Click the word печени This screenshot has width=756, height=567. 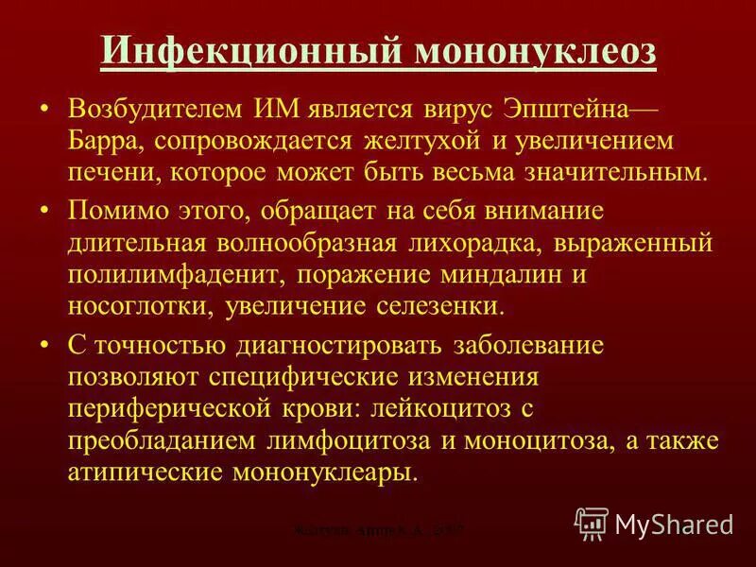tap(112, 173)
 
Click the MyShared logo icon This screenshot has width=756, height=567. tap(592, 523)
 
